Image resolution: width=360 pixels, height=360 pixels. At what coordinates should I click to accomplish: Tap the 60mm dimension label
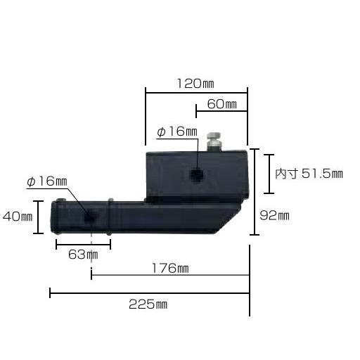(221, 104)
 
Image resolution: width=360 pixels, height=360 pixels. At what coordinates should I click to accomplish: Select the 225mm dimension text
(148, 304)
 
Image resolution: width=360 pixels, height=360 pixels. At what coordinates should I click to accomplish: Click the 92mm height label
(274, 216)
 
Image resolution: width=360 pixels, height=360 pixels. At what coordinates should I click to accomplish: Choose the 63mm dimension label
(84, 254)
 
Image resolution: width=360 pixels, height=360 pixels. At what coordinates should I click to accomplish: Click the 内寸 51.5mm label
(309, 173)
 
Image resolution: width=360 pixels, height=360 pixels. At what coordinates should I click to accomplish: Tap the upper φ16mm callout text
(176, 131)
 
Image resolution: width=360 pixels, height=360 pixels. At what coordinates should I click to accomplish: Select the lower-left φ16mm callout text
(46, 182)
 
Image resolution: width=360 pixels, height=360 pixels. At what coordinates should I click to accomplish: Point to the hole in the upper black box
(198, 173)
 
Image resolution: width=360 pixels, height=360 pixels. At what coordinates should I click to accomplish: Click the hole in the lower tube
(89, 217)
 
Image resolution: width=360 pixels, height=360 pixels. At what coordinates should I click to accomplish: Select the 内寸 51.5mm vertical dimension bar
(269, 173)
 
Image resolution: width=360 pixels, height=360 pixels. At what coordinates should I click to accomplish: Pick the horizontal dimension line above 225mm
(149, 292)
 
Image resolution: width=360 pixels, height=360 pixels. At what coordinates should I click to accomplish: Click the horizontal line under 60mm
(221, 110)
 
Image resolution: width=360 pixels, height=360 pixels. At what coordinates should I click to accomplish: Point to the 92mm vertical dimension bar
(254, 191)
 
